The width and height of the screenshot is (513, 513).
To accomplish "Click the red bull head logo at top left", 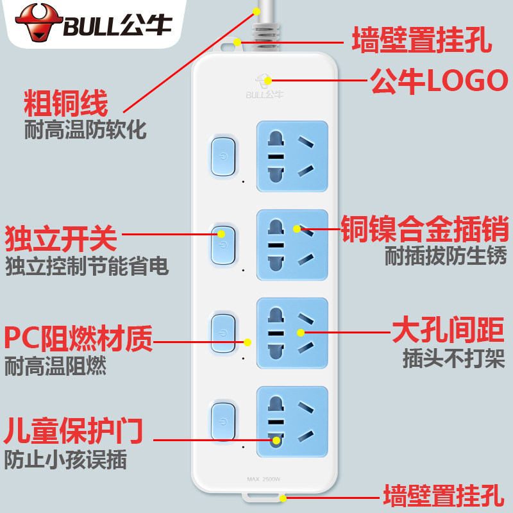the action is tap(39, 23).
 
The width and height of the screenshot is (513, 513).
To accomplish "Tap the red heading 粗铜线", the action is tap(66, 103).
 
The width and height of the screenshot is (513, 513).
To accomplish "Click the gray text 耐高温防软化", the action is tap(85, 130).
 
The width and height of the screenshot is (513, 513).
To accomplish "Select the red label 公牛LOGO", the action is tap(439, 81).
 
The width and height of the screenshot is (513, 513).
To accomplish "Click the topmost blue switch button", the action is tap(223, 156).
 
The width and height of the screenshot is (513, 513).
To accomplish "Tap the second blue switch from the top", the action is tap(223, 245).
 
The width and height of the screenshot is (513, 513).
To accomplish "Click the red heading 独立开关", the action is tap(61, 238).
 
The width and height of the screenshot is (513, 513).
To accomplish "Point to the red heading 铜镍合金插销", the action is tap(425, 228).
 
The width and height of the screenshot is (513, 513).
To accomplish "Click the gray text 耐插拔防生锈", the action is tap(446, 255).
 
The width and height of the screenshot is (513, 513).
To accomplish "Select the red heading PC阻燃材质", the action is tap(78, 338).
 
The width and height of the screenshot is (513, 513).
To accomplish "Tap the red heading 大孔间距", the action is tap(448, 330).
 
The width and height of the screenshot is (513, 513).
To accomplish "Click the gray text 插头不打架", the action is tap(454, 358).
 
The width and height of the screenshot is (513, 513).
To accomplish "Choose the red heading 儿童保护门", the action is tap(73, 430).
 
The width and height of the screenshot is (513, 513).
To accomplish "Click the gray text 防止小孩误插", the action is tap(65, 460).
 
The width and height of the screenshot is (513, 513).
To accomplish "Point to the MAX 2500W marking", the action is tap(264, 479).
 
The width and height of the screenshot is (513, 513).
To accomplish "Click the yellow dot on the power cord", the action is tap(256, 12).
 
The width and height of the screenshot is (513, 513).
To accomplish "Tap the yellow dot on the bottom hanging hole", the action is tap(283, 498).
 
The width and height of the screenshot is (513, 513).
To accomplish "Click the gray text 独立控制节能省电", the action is tap(87, 265).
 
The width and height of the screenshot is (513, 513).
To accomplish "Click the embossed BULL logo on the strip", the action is tap(265, 86).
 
